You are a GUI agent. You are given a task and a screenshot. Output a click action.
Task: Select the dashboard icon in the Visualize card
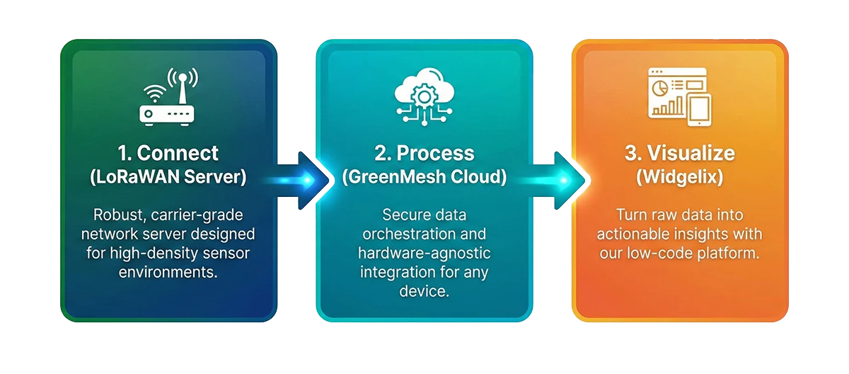[680, 97]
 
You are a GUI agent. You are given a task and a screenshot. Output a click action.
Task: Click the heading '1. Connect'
[168, 153]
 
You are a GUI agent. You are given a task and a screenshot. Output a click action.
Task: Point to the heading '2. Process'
[424, 153]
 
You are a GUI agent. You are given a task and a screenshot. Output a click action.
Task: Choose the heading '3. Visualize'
[680, 153]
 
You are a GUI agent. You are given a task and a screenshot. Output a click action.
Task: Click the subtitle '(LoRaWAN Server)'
[168, 177]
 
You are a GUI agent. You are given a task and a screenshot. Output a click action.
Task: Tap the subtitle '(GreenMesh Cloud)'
[424, 177]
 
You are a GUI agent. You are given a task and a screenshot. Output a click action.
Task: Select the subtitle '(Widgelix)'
[680, 177]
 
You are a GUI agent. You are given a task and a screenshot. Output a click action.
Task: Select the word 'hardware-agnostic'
[424, 253]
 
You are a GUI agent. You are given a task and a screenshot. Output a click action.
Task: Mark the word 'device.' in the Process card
[424, 290]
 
